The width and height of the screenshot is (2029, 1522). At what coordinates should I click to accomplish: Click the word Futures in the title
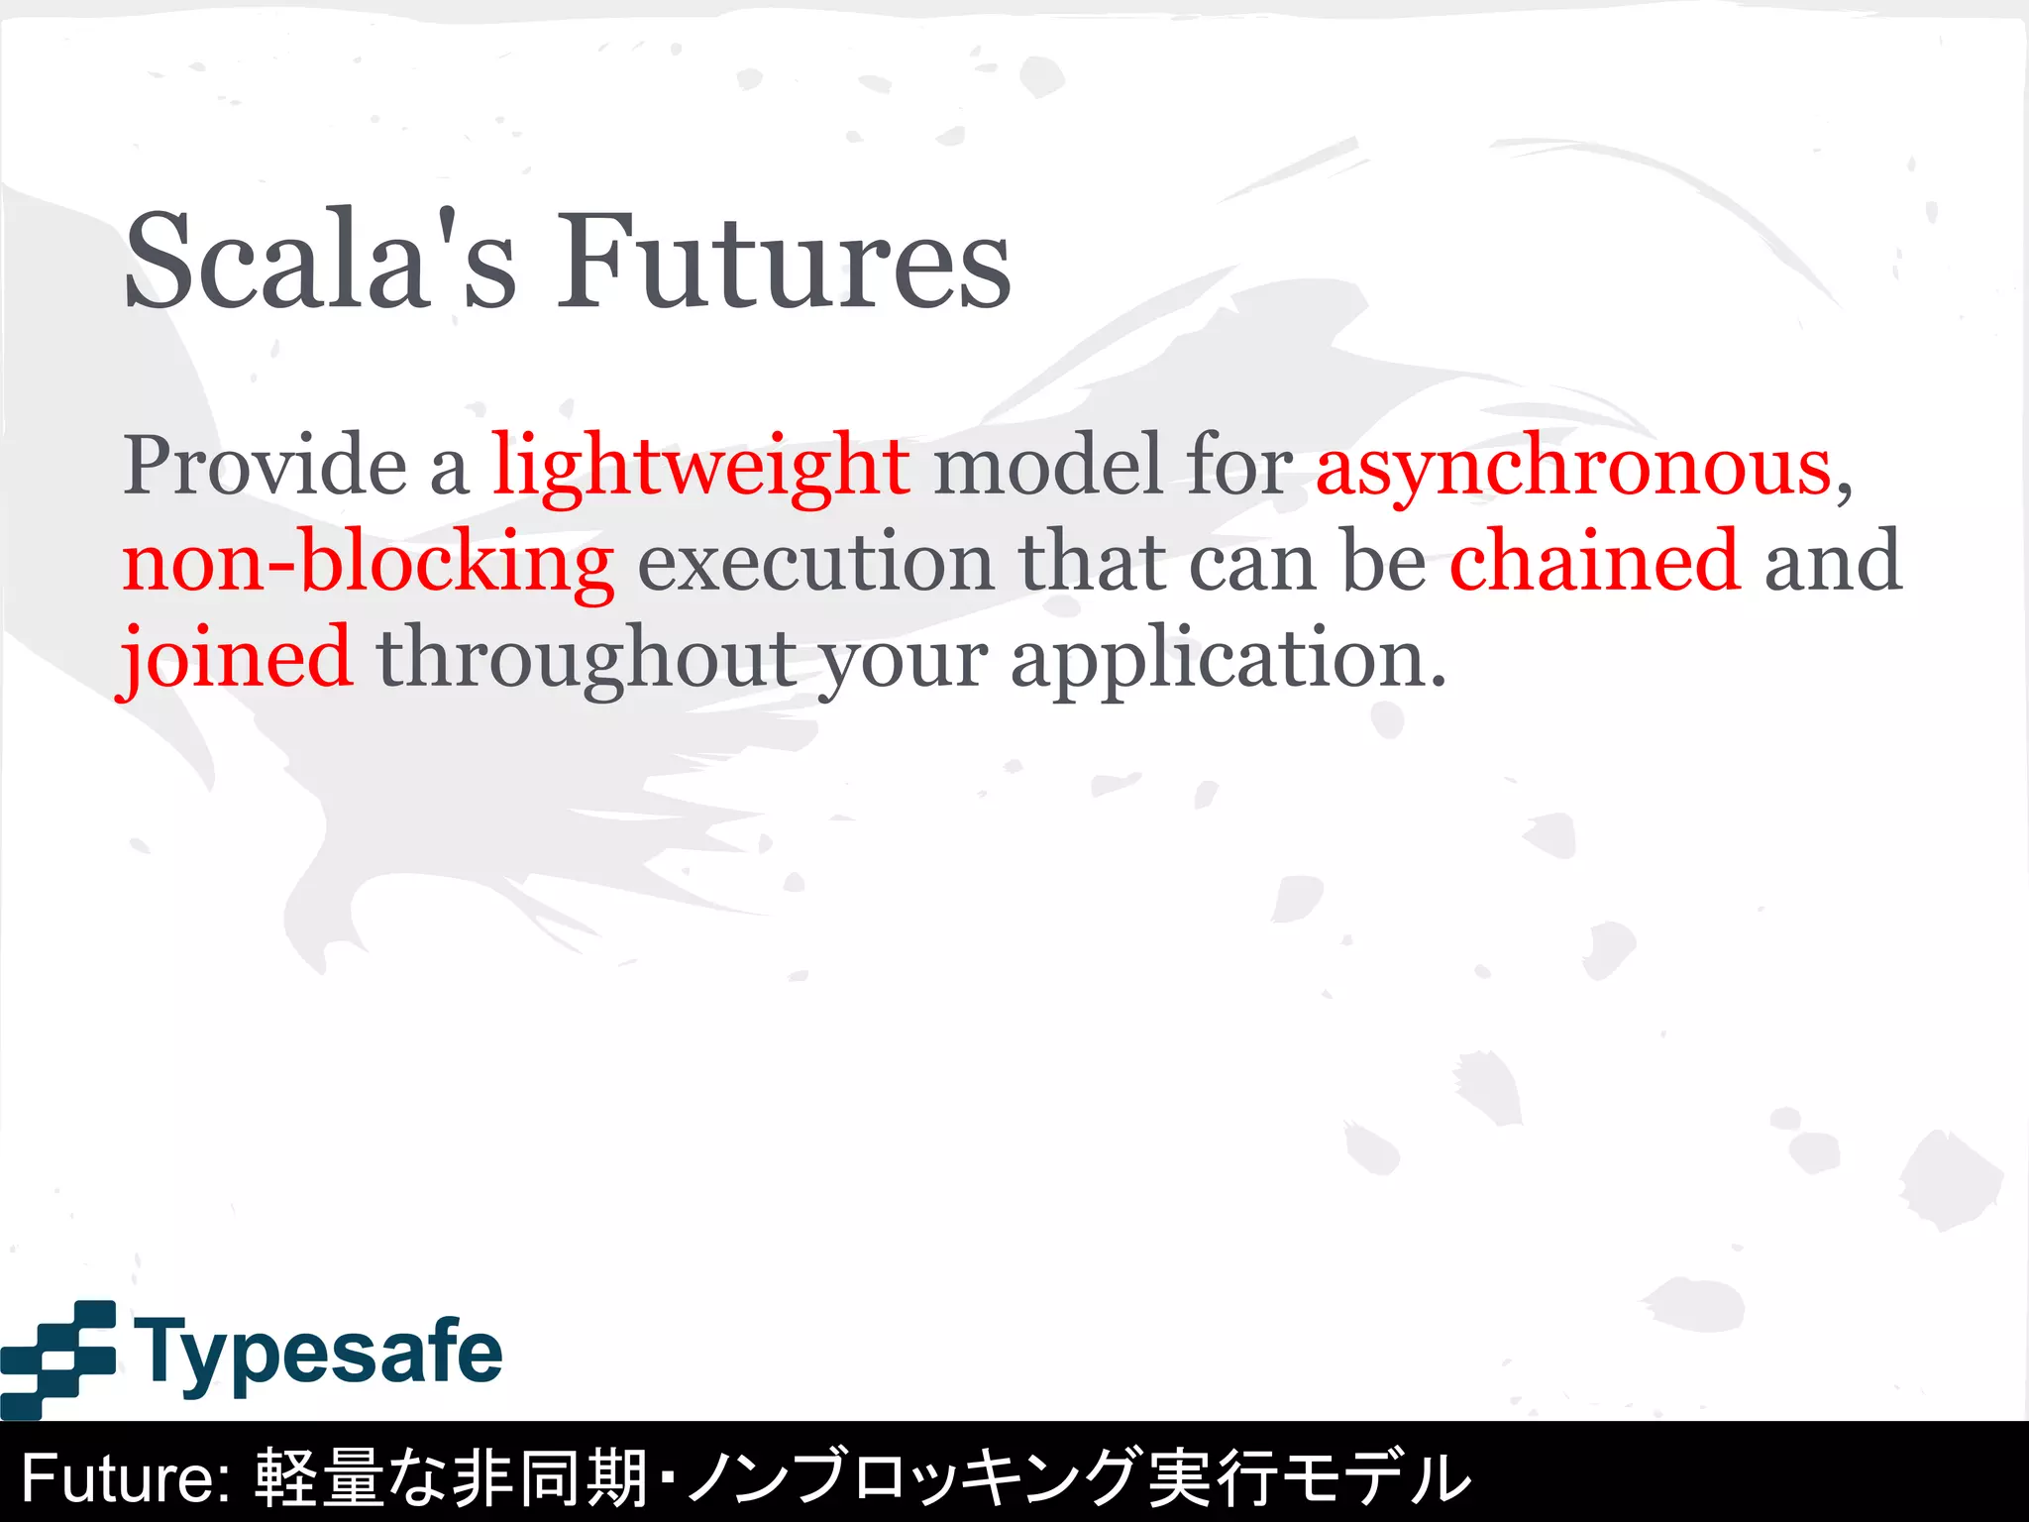(x=783, y=261)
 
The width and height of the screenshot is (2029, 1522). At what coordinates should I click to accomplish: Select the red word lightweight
(x=701, y=466)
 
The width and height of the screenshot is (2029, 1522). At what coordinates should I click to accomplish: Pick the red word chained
(x=1594, y=561)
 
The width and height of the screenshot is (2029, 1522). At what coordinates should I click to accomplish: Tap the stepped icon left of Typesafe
(x=59, y=1358)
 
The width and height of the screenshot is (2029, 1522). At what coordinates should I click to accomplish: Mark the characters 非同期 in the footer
(x=551, y=1477)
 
